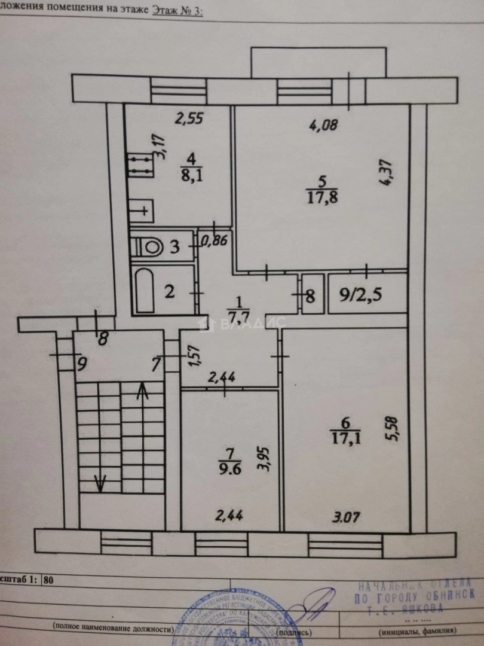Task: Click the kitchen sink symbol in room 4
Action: coord(143,211)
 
